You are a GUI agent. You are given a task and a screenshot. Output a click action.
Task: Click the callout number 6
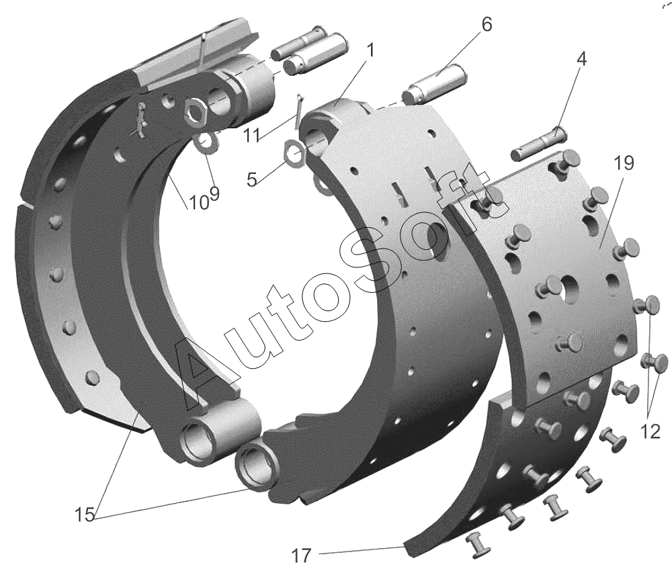pyautogui.click(x=487, y=25)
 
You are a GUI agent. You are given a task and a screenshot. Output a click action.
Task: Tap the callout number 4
pyautogui.click(x=581, y=58)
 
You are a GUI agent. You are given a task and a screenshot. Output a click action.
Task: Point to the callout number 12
pyautogui.click(x=650, y=432)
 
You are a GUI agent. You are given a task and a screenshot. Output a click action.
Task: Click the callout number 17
pyautogui.click(x=301, y=556)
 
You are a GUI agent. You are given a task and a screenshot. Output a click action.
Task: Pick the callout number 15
pyautogui.click(x=85, y=515)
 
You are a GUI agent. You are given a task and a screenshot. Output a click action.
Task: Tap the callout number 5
pyautogui.click(x=252, y=180)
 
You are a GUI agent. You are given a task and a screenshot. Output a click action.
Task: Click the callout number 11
pyautogui.click(x=251, y=136)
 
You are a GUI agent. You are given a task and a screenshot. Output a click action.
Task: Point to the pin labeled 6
pyautogui.click(x=434, y=83)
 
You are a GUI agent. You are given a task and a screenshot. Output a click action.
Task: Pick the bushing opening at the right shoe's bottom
pyautogui.click(x=256, y=465)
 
